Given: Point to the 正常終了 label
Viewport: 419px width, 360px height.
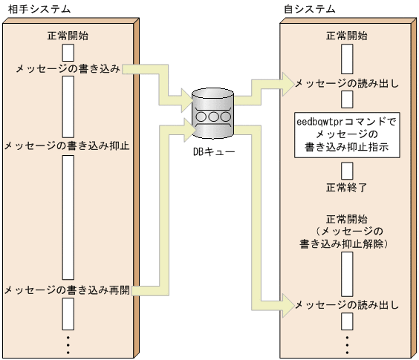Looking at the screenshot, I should coord(347,186).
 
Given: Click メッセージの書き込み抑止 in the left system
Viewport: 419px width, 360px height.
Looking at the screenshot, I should coord(68,145).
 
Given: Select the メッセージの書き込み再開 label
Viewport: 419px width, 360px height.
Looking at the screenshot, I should coord(68,289).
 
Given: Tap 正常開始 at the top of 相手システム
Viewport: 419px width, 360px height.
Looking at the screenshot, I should coord(68,36).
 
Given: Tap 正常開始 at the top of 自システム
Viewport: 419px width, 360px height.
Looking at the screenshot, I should coord(347,36).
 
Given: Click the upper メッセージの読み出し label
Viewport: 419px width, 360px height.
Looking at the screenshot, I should coord(347,82).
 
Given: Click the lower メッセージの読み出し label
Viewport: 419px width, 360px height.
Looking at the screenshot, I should coord(347,304).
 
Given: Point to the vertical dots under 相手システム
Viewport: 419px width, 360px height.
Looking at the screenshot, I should coord(68,344).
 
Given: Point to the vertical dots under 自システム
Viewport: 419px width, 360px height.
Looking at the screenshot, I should coord(347,344).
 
